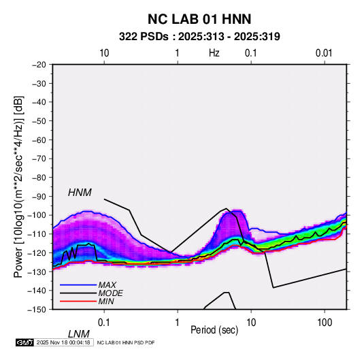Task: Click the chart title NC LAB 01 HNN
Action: point(199,19)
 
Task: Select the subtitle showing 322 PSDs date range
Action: point(199,37)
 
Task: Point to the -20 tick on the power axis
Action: point(39,65)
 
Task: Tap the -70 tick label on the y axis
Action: point(39,159)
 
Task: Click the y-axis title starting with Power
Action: point(18,187)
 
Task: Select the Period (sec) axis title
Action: point(214,330)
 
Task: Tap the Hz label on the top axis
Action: point(214,53)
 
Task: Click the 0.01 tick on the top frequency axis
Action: point(324,53)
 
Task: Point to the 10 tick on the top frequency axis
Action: point(104,53)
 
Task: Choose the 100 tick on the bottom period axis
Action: point(325,323)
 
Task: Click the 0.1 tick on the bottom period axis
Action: point(104,323)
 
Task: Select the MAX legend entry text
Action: point(107,285)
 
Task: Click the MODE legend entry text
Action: point(110,293)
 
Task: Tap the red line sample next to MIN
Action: point(78,301)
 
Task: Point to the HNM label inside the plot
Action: point(80,193)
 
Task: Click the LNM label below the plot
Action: point(79,334)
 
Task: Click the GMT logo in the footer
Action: point(25,342)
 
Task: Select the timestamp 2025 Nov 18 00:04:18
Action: point(63,342)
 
